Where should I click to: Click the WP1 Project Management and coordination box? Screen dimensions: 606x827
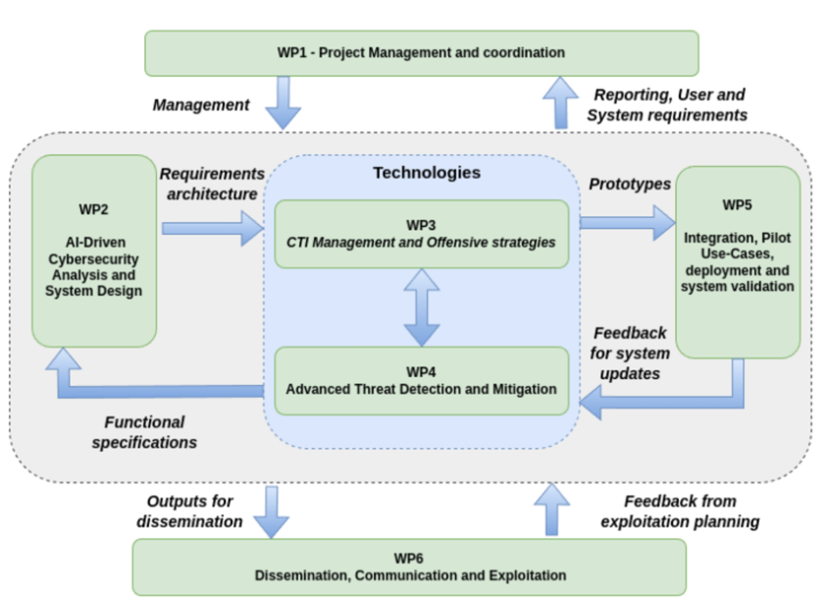click(421, 52)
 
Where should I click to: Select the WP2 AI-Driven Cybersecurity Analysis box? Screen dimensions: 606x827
click(95, 251)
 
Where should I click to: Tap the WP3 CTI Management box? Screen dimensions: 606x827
click(421, 234)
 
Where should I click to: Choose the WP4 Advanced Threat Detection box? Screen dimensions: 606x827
click(421, 380)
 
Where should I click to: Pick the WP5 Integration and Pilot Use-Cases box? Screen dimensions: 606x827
click(737, 262)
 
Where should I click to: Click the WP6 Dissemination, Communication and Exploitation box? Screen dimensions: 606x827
click(409, 567)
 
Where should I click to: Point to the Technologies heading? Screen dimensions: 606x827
click(426, 173)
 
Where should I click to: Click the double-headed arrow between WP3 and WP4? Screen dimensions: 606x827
click(421, 306)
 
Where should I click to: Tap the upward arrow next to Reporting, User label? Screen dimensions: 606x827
click(563, 103)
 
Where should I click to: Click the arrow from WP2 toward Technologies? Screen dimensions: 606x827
click(211, 228)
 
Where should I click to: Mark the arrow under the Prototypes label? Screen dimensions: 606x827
click(623, 221)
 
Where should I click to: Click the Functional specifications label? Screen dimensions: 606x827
click(145, 432)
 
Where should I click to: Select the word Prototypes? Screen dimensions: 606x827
click(630, 184)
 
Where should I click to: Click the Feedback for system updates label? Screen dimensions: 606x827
click(630, 353)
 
